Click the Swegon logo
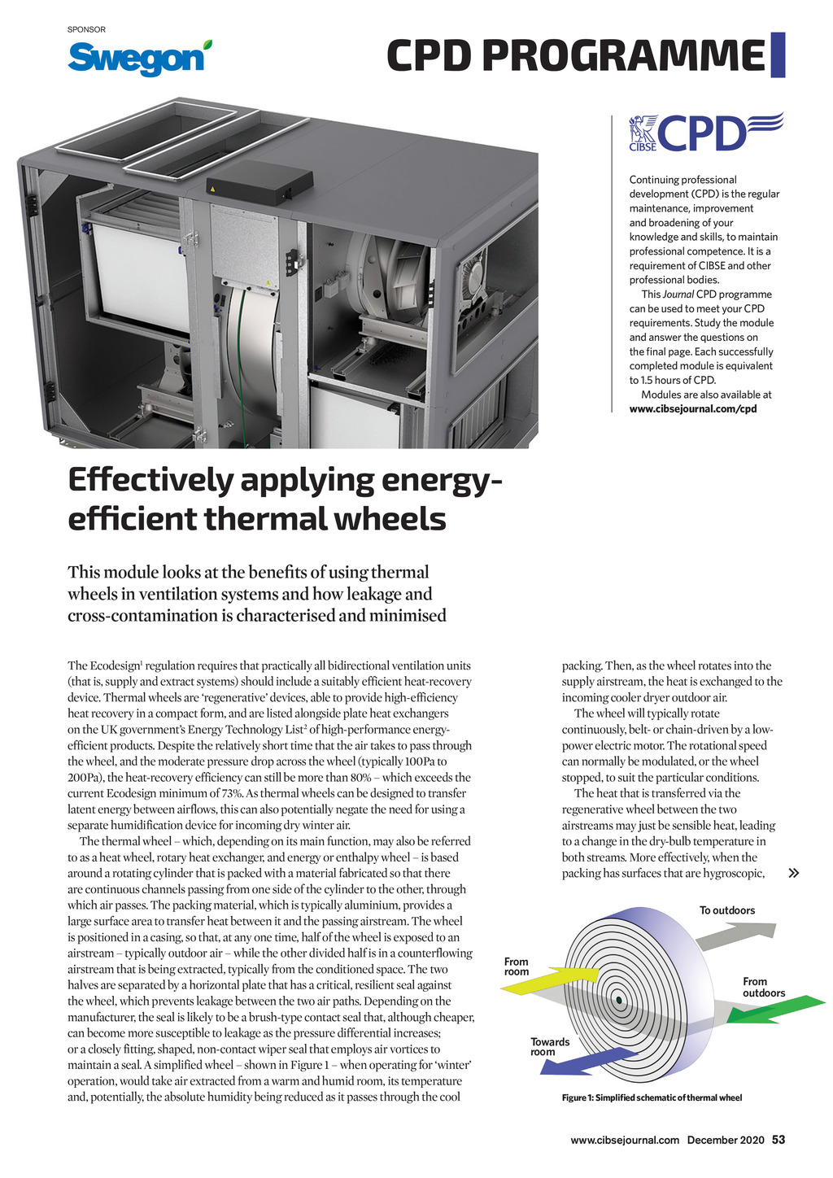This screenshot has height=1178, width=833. [138, 57]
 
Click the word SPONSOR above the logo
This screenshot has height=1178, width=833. [86, 30]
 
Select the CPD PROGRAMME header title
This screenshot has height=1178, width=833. [575, 56]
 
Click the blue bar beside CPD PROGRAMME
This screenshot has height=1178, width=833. [778, 55]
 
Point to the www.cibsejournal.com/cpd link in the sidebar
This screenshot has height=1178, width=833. [692, 409]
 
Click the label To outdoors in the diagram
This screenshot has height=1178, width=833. [727, 910]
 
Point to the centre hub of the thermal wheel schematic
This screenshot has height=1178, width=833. [619, 999]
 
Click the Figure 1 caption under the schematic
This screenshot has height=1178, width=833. [652, 1097]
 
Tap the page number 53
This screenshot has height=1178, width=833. [778, 1140]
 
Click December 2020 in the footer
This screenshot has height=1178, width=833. [726, 1140]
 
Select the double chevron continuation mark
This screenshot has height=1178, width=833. [794, 874]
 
